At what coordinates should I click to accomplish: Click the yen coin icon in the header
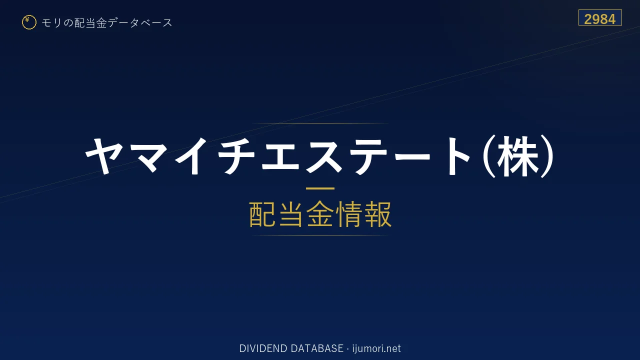coord(29,22)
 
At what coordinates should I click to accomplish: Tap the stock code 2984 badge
coord(600,17)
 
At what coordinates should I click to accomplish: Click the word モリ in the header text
coord(51,23)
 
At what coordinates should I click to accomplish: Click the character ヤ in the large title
coord(104,156)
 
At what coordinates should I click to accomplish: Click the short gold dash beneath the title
coord(320,188)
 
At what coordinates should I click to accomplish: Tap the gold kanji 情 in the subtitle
coord(348,214)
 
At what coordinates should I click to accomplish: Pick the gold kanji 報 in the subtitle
coord(377,214)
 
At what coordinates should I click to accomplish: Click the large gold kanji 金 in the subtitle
coord(320,214)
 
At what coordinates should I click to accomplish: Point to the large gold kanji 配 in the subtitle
coord(263,214)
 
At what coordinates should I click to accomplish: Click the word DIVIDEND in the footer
coord(263,348)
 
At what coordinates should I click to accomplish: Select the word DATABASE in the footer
coord(317,348)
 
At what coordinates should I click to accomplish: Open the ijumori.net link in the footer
coord(376,349)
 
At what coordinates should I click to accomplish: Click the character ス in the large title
coord(324,156)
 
